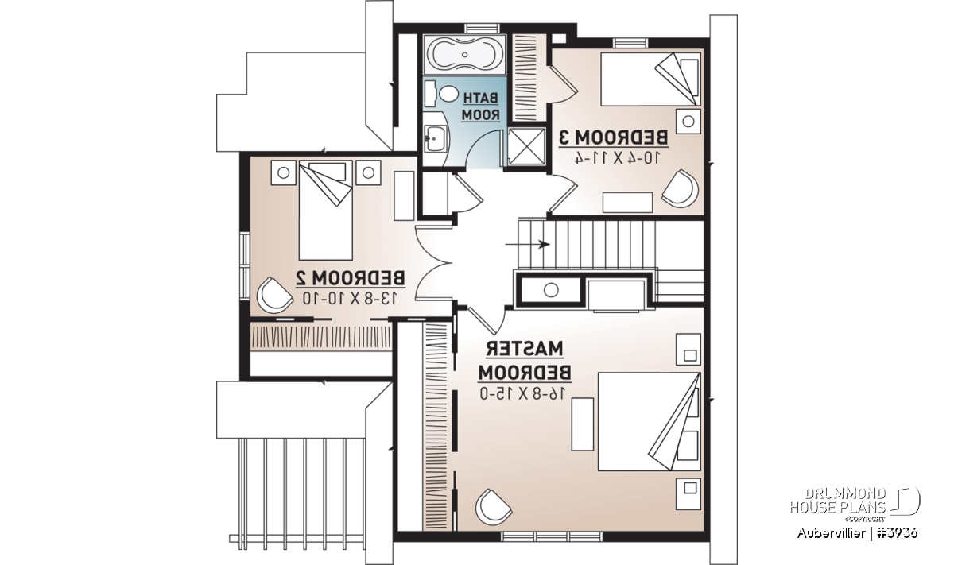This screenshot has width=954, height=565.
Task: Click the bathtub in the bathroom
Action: pos(464,56)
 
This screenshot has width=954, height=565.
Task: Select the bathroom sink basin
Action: pos(434,138)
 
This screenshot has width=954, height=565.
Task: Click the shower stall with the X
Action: pos(527,146)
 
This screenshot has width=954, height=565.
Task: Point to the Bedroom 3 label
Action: pos(613,137)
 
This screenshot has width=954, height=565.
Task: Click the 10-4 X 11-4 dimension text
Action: pos(617,158)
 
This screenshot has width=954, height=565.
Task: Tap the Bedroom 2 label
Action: pos(350,278)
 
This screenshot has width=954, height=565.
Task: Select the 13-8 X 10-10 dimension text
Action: pos(350,298)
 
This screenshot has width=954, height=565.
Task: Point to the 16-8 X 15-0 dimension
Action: pos(524,393)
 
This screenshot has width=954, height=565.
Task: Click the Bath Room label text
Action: pos(480,106)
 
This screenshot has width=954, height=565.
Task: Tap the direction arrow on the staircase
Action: pos(527,245)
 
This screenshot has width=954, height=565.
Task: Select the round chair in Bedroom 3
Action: pos(681,188)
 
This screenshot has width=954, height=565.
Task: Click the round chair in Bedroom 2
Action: pos(275,295)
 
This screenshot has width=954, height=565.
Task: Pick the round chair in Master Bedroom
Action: pos(494,507)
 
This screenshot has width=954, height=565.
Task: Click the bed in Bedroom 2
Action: pos(325,210)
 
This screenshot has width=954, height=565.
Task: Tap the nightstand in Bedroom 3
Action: pos(688,122)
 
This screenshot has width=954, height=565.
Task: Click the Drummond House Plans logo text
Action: pos(838,501)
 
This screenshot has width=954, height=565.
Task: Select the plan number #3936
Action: pos(894,533)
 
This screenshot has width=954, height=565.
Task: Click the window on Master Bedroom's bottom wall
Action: pos(551,536)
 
